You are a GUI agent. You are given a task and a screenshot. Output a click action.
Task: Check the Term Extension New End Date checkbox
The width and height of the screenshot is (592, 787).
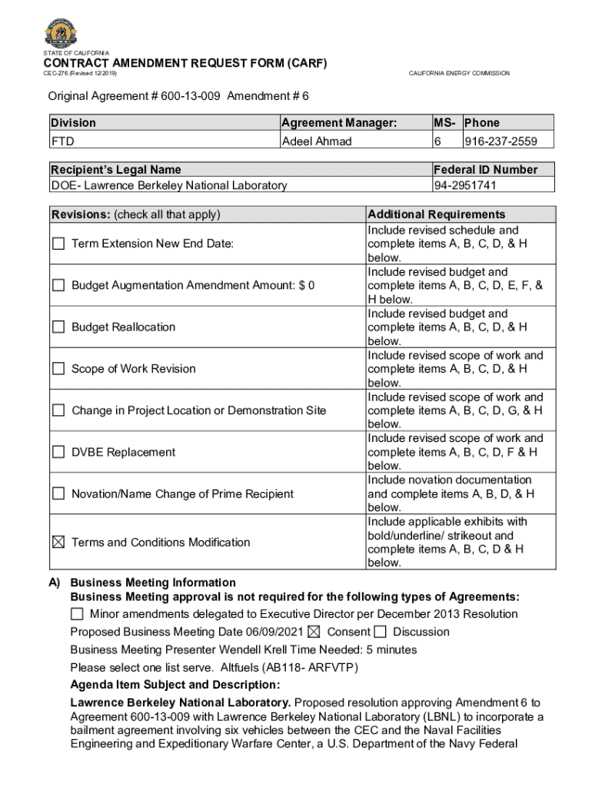tap(58, 244)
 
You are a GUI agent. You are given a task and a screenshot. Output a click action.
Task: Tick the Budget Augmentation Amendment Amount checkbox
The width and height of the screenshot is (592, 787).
tap(58, 285)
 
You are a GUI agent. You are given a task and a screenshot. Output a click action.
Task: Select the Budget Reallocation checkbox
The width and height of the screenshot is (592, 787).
tap(58, 327)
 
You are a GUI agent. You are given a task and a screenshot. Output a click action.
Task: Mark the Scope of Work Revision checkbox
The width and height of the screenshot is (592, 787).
tap(58, 368)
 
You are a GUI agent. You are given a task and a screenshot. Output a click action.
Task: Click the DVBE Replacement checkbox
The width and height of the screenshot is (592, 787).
tap(58, 452)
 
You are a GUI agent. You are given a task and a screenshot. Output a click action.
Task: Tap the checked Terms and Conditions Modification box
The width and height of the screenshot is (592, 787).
tap(58, 542)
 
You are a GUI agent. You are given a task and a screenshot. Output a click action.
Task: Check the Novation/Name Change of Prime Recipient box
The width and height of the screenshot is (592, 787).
tap(58, 493)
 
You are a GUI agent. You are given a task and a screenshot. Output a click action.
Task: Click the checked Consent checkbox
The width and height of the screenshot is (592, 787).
tap(314, 632)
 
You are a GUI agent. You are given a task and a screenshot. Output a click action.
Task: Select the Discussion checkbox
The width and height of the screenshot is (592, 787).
tap(381, 632)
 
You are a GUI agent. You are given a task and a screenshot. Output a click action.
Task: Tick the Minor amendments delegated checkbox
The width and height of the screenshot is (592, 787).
tap(77, 614)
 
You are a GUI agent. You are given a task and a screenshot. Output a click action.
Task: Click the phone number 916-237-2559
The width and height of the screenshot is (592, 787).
tap(500, 141)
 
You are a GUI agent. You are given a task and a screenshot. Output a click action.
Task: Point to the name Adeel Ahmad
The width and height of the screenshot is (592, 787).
tap(317, 141)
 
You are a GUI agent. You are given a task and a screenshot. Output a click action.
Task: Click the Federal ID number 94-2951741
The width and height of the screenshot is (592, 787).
tap(465, 185)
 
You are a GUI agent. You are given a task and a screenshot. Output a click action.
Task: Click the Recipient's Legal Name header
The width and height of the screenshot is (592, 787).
tap(116, 170)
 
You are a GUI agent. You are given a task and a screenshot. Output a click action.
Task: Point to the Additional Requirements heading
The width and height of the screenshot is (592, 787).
tap(437, 214)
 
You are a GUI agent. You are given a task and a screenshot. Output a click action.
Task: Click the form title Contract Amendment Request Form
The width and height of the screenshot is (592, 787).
tap(185, 63)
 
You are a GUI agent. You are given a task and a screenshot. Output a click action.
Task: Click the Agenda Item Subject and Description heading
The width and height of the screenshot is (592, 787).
tap(175, 685)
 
